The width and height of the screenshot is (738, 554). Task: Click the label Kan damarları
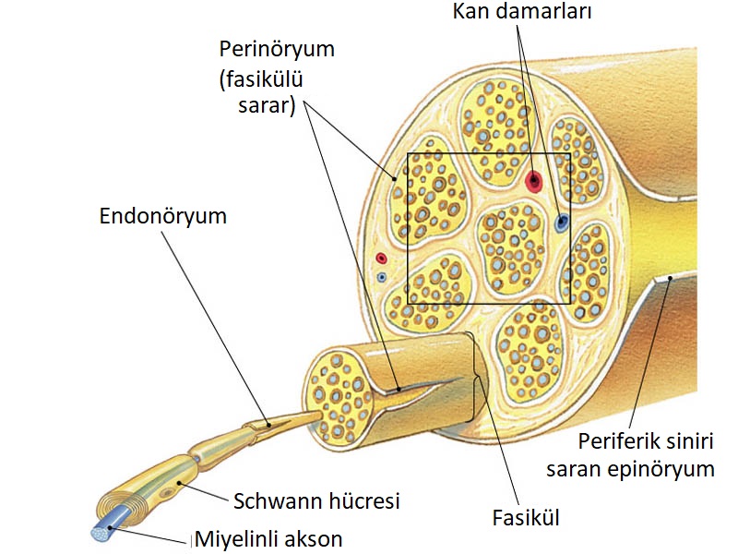(522, 11)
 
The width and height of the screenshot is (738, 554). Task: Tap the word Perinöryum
(278, 50)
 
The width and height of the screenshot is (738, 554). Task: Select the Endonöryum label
(163, 216)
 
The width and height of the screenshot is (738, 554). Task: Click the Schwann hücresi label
(316, 500)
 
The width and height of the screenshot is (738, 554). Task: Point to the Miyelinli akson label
(268, 539)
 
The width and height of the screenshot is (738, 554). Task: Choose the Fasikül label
(526, 518)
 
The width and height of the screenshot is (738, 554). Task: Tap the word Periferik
(612, 442)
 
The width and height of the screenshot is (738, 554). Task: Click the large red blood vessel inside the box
(534, 180)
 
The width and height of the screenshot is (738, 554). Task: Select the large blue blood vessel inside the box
(561, 223)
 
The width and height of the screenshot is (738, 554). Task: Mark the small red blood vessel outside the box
(381, 259)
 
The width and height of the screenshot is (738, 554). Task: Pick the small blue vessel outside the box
(382, 277)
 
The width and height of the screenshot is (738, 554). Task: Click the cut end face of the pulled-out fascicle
(338, 399)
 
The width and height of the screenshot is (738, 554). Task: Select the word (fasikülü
(261, 78)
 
